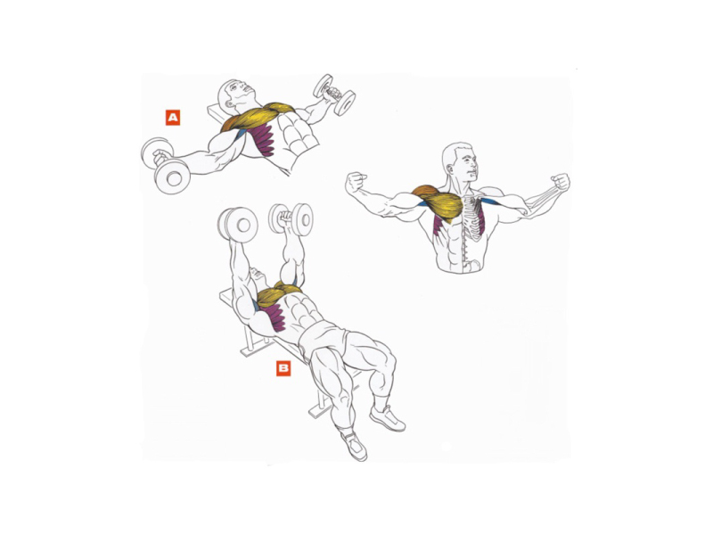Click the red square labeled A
[173, 118]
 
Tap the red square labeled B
[283, 368]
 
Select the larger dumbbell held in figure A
[165, 165]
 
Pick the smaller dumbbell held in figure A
[335, 95]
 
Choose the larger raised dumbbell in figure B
[237, 226]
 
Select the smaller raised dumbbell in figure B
[291, 218]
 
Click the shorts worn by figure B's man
[322, 337]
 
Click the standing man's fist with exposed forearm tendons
[560, 182]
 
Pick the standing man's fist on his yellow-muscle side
[356, 183]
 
